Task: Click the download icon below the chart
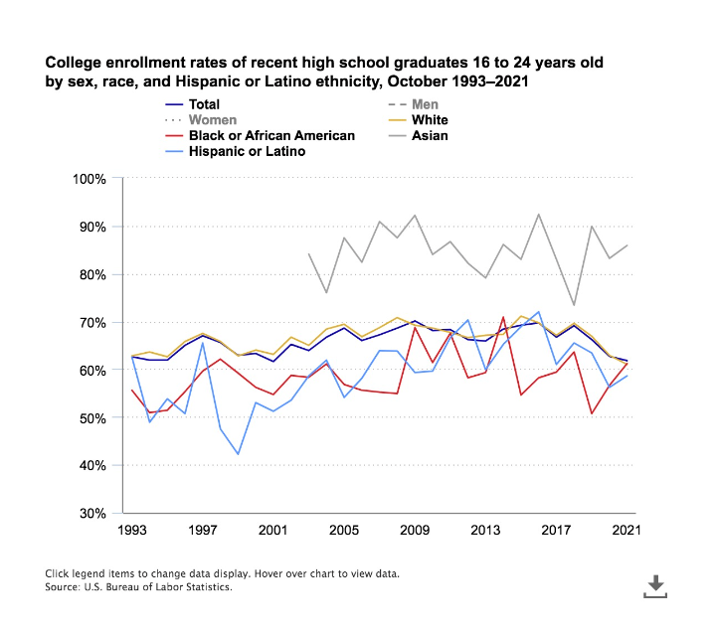[655, 586]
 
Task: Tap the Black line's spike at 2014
[503, 317]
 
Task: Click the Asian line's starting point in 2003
[308, 253]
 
